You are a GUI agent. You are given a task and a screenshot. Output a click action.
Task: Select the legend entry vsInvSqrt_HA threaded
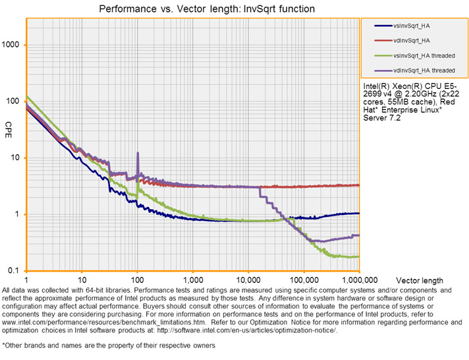424,55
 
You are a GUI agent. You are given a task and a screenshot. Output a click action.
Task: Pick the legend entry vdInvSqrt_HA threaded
424,70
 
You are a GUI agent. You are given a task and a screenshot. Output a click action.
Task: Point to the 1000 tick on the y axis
13,45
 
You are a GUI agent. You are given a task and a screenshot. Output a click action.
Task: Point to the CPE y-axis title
9,126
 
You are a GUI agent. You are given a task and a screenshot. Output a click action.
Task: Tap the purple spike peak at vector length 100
138,153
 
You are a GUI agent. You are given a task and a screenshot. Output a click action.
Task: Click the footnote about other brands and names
109,345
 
